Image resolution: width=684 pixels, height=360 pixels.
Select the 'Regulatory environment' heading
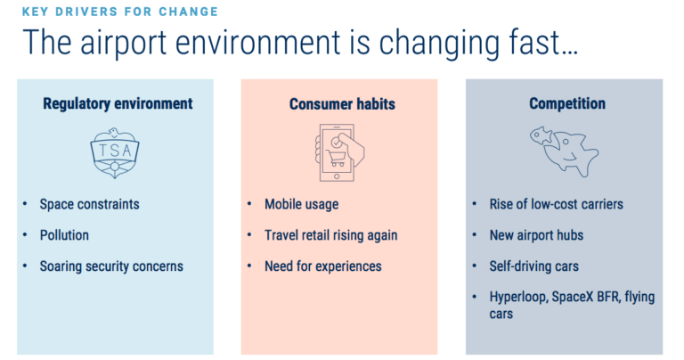[x=117, y=104]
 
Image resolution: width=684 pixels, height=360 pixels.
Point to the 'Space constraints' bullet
[x=89, y=204]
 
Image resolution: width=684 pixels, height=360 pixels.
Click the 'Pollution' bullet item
[x=64, y=235]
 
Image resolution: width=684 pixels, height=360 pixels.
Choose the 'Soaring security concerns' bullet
[x=110, y=266]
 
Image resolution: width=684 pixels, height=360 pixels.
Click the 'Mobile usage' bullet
[x=301, y=204]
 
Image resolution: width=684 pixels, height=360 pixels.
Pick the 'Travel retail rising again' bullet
[x=330, y=235]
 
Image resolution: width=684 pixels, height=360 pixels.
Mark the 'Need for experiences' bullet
[x=322, y=266]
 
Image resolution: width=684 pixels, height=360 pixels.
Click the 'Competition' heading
[x=566, y=104]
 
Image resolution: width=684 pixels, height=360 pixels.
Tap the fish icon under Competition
[x=564, y=150]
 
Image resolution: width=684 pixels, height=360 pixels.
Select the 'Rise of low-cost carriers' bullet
[x=557, y=204]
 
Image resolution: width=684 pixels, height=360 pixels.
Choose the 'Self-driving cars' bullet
[x=536, y=266]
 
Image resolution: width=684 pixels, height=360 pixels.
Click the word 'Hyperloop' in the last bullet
[x=518, y=297]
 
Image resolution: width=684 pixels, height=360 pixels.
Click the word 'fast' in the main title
[x=543, y=44]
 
